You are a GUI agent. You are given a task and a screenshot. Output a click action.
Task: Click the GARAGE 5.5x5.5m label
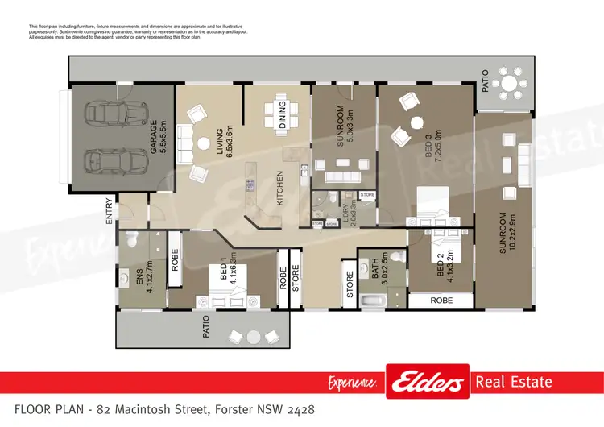[157, 137]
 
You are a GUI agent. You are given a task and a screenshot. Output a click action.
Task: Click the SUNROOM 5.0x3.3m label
[345, 126]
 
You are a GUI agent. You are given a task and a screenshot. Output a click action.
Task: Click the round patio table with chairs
[510, 82]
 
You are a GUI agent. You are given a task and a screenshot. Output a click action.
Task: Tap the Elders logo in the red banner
[427, 381]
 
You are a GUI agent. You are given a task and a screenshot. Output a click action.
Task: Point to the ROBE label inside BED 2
[441, 300]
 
